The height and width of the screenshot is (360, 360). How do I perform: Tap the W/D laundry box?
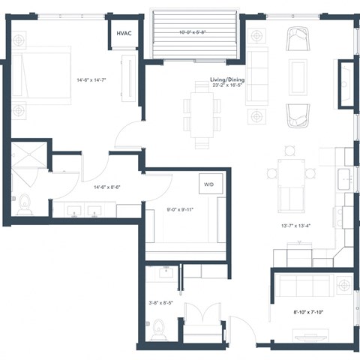[207, 184]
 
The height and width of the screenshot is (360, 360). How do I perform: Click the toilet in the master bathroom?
[23, 204]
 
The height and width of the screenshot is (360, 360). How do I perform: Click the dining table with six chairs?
[200, 112]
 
